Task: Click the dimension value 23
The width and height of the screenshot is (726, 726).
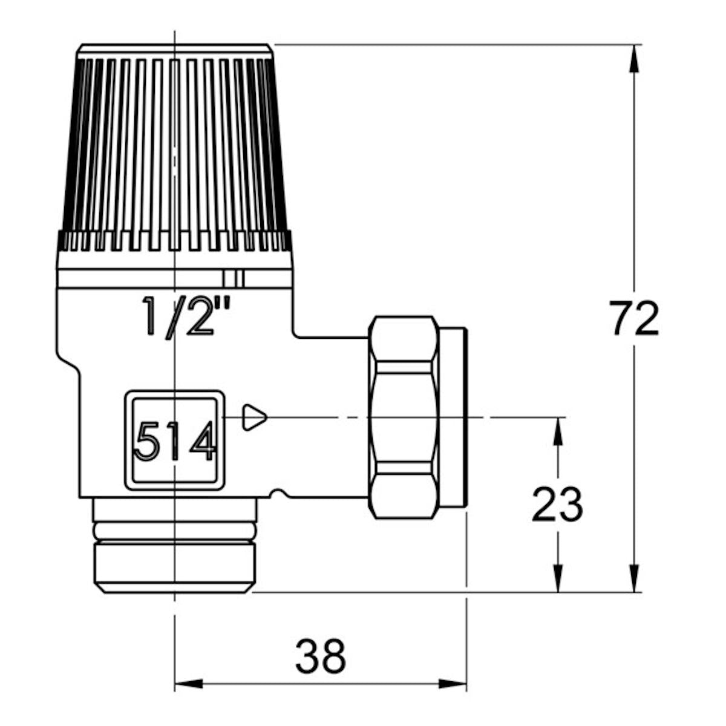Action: (558, 504)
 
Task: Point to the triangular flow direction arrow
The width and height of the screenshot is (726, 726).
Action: (255, 417)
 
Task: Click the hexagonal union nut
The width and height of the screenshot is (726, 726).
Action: (404, 417)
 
